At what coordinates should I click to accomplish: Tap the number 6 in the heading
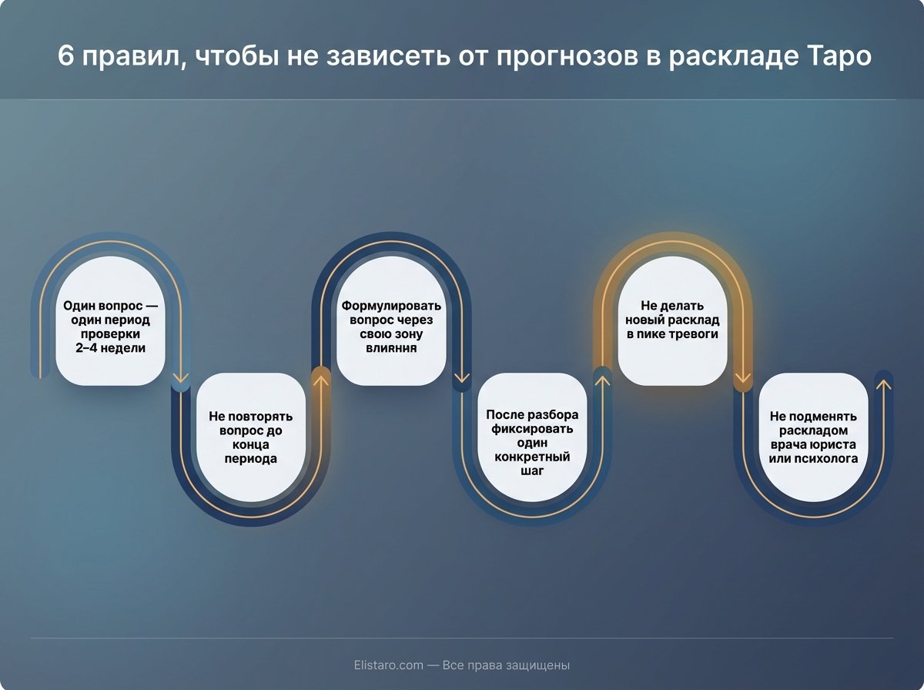pos(66,58)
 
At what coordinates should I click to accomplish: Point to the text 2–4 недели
pos(110,348)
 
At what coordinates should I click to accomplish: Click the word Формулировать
pos(391,305)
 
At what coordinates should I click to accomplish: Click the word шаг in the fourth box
pos(532,471)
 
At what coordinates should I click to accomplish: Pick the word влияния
pos(391,348)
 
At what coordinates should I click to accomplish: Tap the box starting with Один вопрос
pos(110,320)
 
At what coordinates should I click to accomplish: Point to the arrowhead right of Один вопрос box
pos(181,377)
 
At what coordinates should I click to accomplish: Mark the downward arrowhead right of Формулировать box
pos(462,377)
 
